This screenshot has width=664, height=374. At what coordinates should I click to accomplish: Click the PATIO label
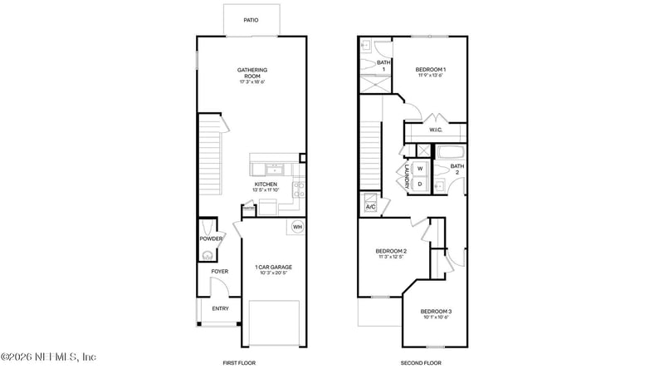250,20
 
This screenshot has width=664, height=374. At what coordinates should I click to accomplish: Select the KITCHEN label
266,184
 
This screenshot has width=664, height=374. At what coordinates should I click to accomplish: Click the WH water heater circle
297,227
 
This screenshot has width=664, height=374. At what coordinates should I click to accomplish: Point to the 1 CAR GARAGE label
273,267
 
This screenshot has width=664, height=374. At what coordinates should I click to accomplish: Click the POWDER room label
211,239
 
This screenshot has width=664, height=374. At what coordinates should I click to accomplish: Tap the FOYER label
220,271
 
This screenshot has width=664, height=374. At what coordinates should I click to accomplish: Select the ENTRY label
220,308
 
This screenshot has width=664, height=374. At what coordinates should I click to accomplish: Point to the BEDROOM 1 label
431,69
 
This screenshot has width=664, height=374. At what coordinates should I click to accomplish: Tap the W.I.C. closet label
436,130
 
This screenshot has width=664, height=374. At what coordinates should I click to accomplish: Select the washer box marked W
420,169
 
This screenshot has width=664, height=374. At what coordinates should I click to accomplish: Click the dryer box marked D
420,184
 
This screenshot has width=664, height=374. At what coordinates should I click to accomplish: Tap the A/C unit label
370,206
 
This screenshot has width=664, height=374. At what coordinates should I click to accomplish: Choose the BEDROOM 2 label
390,251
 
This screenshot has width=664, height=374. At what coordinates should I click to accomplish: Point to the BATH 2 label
457,169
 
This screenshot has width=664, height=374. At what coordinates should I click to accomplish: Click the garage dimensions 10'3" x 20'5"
273,273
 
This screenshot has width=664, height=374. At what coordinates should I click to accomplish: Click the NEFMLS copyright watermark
48,357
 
